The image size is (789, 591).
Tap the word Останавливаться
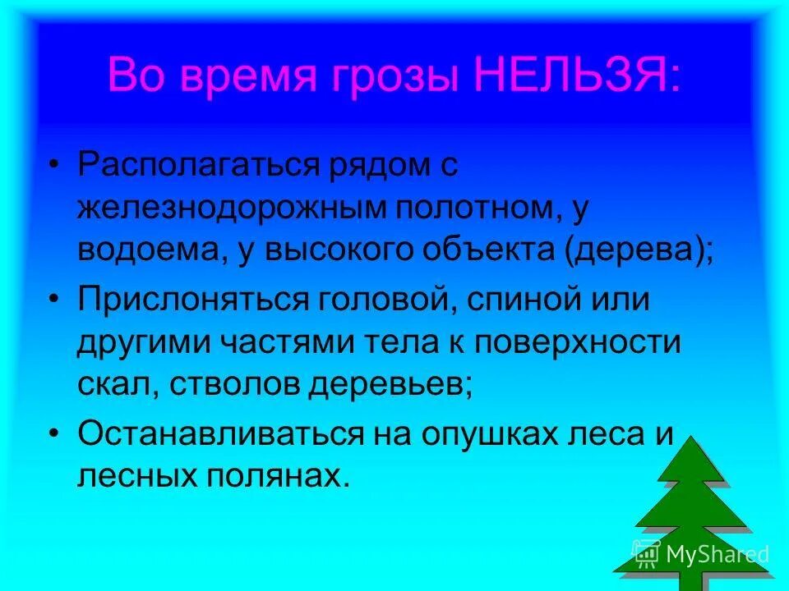[220, 433]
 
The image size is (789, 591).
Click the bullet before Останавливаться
[53, 433]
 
